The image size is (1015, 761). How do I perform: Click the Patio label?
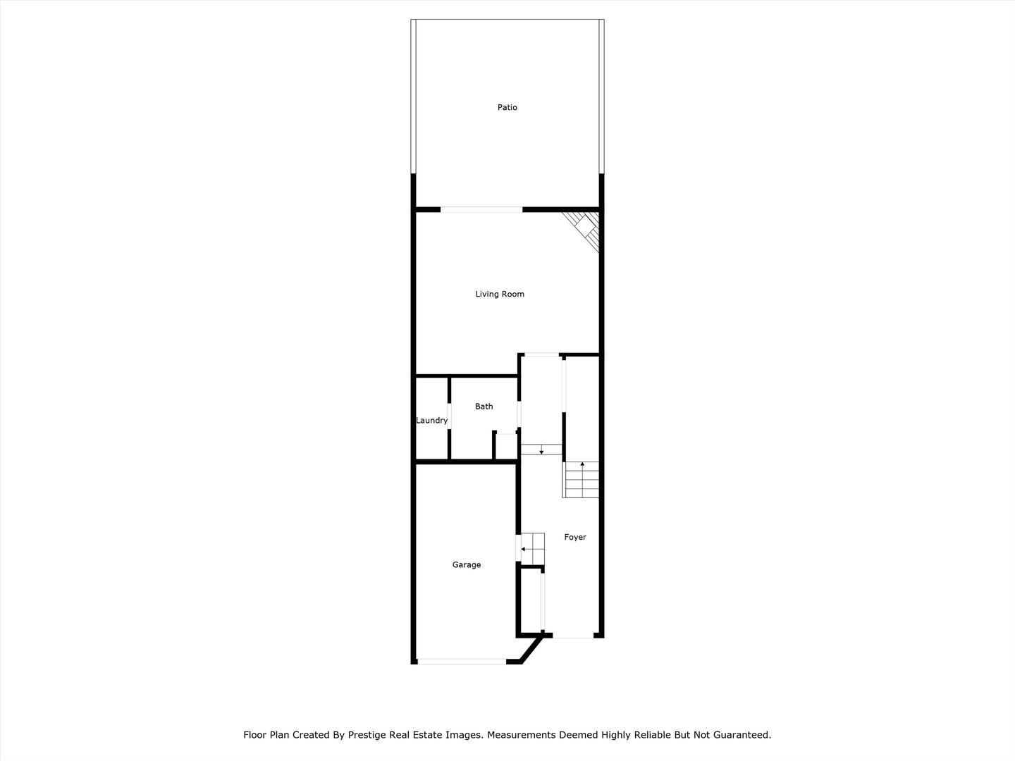point(507,108)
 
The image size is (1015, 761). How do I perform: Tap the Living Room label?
point(500,295)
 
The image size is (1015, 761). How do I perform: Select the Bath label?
point(484,407)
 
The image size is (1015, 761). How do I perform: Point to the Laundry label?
point(431,421)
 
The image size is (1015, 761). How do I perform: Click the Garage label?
point(467,565)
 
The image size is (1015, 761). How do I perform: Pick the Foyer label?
point(575,538)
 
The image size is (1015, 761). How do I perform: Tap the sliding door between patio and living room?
point(481,209)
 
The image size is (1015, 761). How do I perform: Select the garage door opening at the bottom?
point(461,661)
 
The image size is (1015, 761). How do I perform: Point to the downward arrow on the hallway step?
point(541,450)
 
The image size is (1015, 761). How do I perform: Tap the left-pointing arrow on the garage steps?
point(524,549)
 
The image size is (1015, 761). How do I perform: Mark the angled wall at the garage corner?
point(531,649)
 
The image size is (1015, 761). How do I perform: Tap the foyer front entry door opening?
point(573,637)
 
